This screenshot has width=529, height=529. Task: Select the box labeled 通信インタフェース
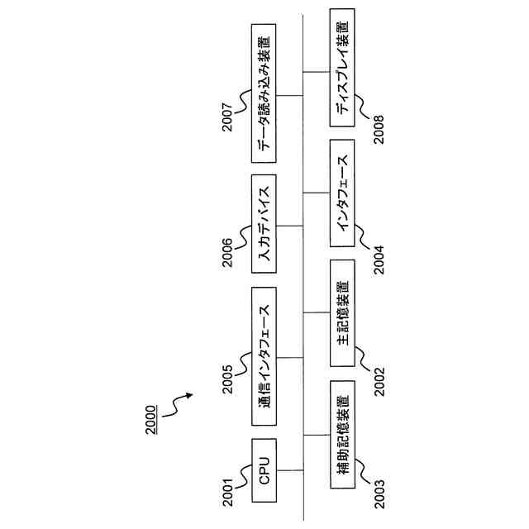(264, 358)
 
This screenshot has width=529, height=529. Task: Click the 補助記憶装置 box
(343, 435)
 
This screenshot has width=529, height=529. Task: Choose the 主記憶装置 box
(343, 312)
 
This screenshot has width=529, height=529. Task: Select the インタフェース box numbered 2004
(343, 192)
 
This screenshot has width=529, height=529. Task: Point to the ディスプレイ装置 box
(343, 68)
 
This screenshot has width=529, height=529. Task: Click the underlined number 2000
(150, 418)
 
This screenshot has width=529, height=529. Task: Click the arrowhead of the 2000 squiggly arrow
(190, 396)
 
